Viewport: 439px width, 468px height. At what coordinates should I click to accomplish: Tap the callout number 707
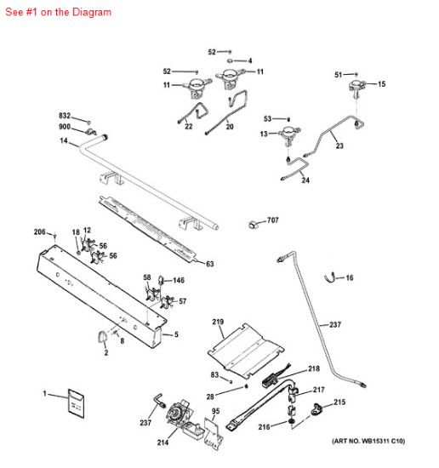point(272,220)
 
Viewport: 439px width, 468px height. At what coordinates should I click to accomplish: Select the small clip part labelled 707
point(254,224)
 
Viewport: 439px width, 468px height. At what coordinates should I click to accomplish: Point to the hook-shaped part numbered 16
point(334,277)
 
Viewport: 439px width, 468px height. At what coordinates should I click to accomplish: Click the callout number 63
point(209,264)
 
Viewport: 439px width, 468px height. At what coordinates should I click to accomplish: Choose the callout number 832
point(65,115)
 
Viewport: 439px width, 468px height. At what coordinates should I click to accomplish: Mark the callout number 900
point(65,127)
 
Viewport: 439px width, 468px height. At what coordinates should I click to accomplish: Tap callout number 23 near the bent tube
point(339,146)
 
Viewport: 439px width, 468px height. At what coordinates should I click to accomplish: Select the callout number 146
point(179,280)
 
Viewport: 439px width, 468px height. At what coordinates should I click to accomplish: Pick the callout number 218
point(314,368)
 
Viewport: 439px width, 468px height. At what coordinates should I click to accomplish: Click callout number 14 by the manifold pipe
point(63,141)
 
